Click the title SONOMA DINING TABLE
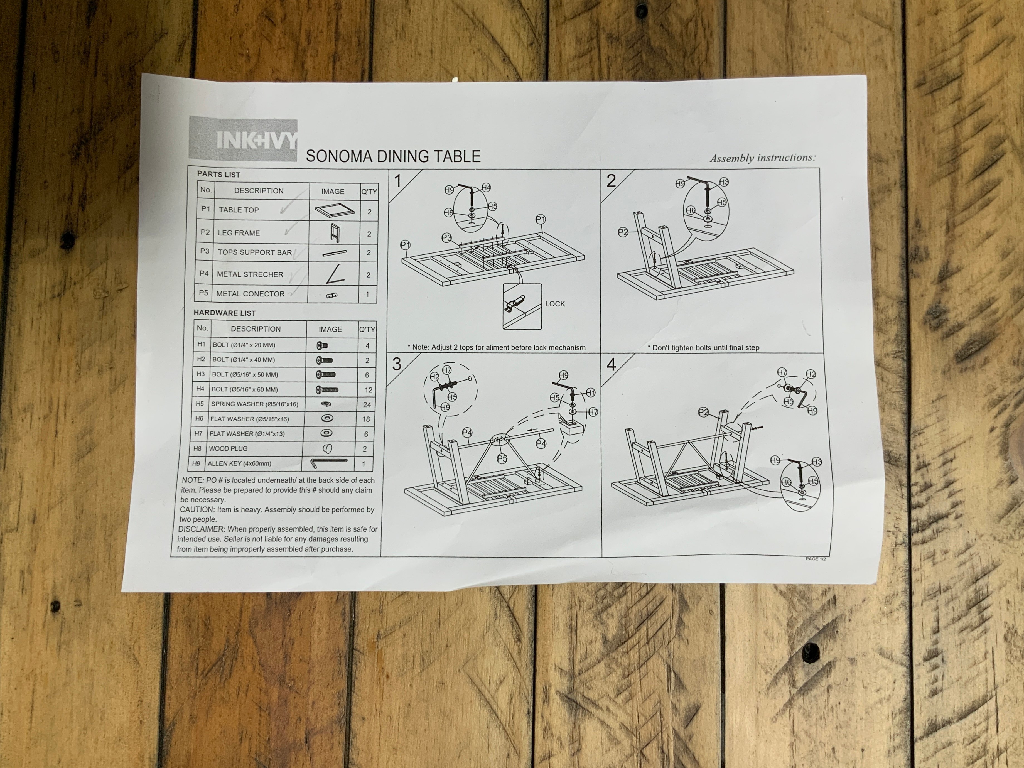point(393,156)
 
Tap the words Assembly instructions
point(762,158)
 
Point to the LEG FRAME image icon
point(334,232)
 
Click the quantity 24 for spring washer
point(367,405)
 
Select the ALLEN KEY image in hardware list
point(329,462)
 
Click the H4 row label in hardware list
point(200,389)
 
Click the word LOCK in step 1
point(555,304)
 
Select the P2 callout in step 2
point(623,232)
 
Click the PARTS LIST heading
point(218,175)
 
